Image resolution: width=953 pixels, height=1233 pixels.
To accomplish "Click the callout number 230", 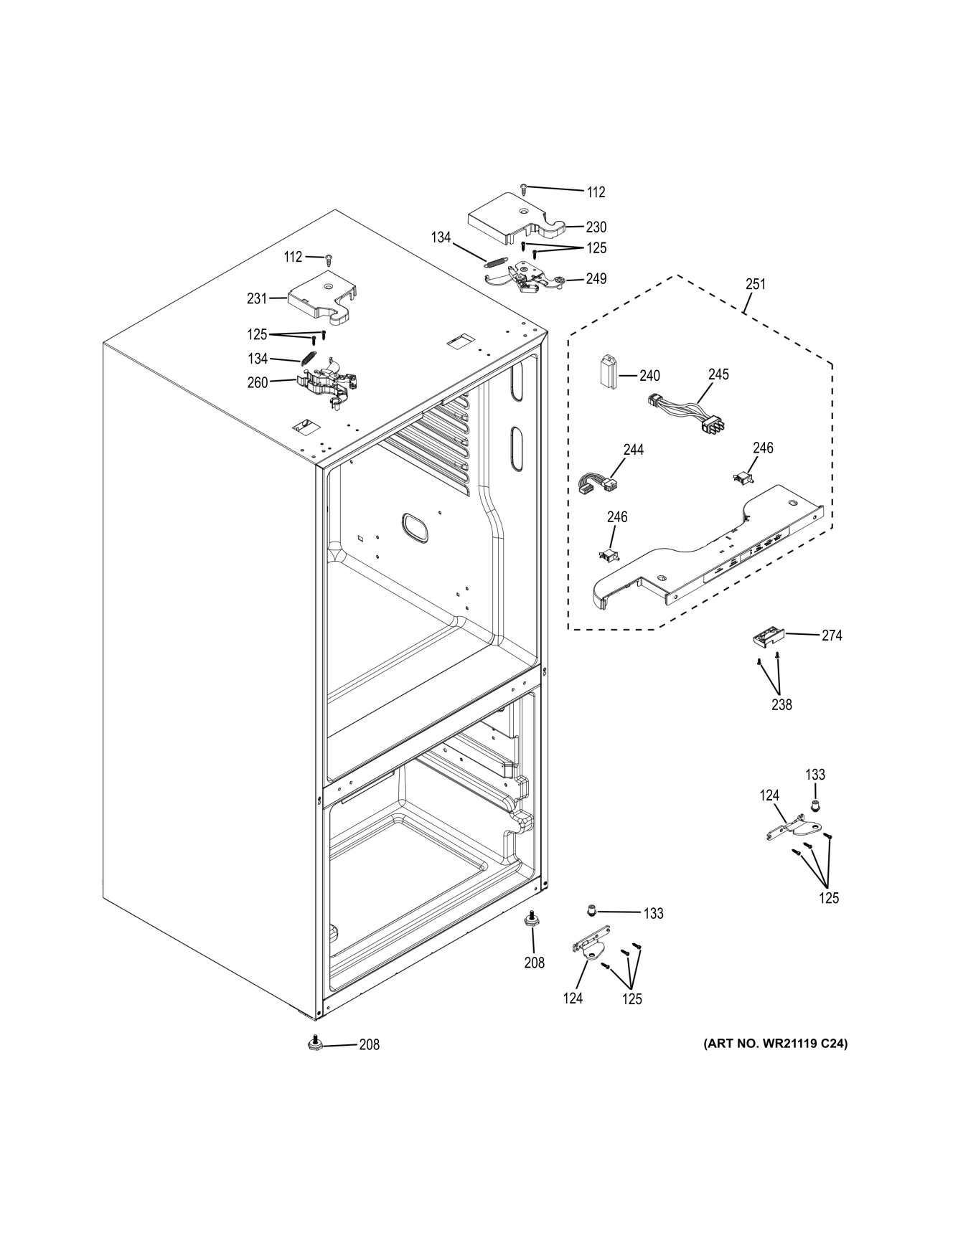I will tap(596, 227).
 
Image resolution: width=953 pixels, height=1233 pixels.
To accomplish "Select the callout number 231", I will tap(256, 298).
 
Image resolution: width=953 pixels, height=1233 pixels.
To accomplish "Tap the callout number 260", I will tap(257, 382).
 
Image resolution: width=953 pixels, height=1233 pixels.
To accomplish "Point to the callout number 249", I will tap(596, 279).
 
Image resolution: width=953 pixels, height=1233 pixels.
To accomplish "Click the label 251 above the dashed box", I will tap(755, 284).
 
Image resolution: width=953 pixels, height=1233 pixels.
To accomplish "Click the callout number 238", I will tap(781, 704).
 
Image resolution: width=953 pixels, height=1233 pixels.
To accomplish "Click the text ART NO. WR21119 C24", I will tap(775, 1044).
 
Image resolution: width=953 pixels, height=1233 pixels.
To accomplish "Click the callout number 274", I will tap(832, 636).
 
